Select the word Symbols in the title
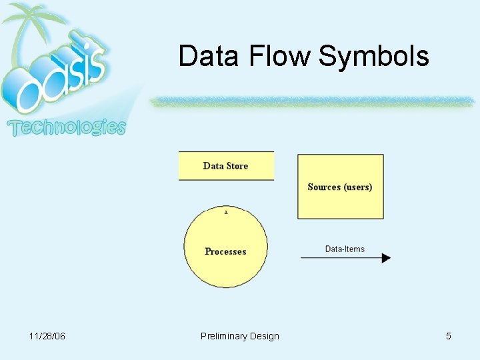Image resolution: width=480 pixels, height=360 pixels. [373, 56]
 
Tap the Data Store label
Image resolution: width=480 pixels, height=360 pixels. [225, 166]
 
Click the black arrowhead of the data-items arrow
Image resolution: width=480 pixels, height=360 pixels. [386, 258]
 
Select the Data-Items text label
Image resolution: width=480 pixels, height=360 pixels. [345, 249]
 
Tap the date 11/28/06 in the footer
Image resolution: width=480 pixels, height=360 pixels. [47, 336]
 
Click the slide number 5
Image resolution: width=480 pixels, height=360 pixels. [449, 336]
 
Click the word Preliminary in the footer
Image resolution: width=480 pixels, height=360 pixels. [224, 336]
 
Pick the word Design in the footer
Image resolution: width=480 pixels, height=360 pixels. [265, 336]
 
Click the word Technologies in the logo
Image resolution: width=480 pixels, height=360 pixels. [66, 127]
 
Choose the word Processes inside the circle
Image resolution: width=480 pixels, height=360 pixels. [225, 251]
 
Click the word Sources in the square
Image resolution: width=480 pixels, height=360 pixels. [324, 187]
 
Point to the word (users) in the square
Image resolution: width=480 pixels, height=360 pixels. [358, 187]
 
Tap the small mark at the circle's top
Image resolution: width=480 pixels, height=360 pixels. [226, 212]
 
